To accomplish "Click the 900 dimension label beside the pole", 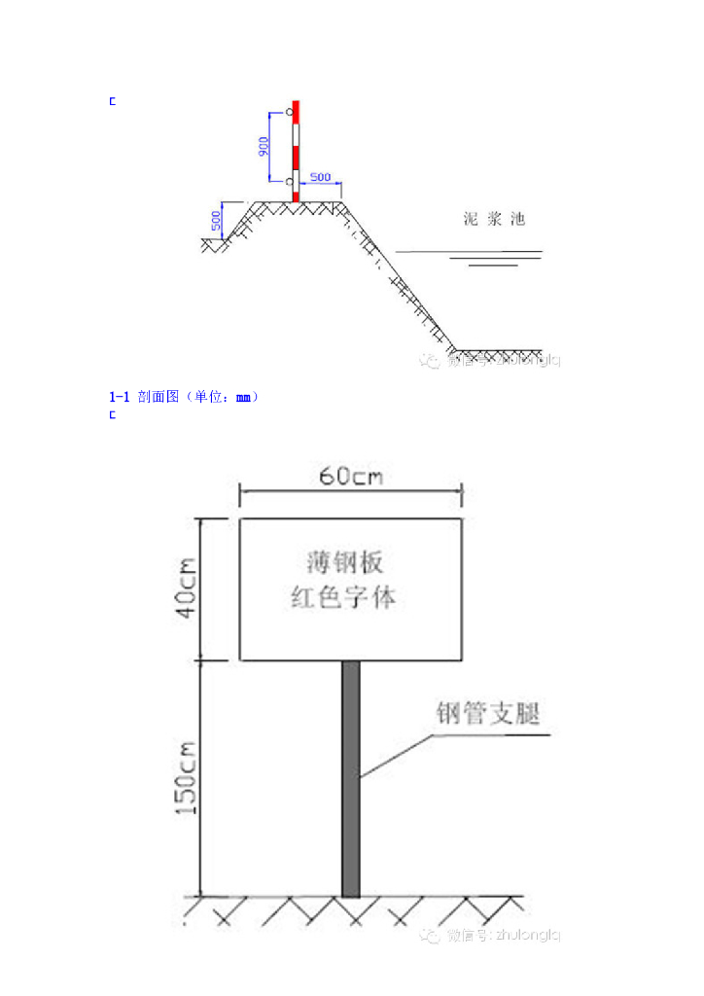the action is coord(264,146).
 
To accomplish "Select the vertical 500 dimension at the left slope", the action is coord(215,221).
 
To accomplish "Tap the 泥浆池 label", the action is coord(494,219).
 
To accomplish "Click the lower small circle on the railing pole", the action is coord(289,181).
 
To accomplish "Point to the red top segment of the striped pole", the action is coord(297,110).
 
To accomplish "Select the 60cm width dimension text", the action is coord(351,477).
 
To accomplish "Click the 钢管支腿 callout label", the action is coord(486,715).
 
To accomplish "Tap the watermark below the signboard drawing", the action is coord(490,935).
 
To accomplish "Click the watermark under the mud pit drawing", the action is coord(490,361).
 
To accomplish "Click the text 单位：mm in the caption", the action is coord(222,397).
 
